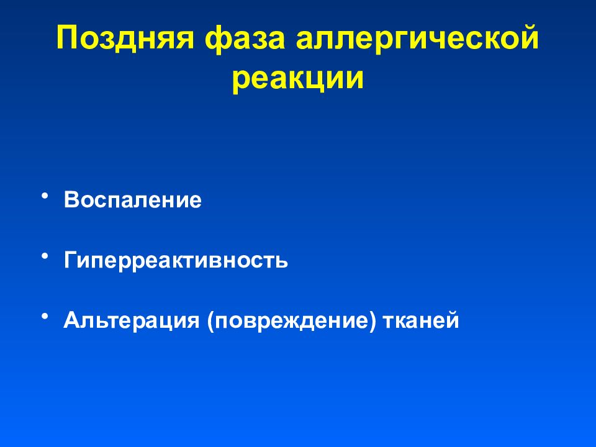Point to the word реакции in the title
(298, 81)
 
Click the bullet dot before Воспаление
(45, 197)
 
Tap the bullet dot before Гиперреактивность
(45, 256)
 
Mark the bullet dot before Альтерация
(45, 316)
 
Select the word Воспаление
(132, 201)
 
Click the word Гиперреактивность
(176, 260)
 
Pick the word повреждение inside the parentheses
(292, 320)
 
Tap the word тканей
(421, 320)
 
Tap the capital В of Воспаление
(71, 201)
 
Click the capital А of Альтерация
(71, 320)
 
